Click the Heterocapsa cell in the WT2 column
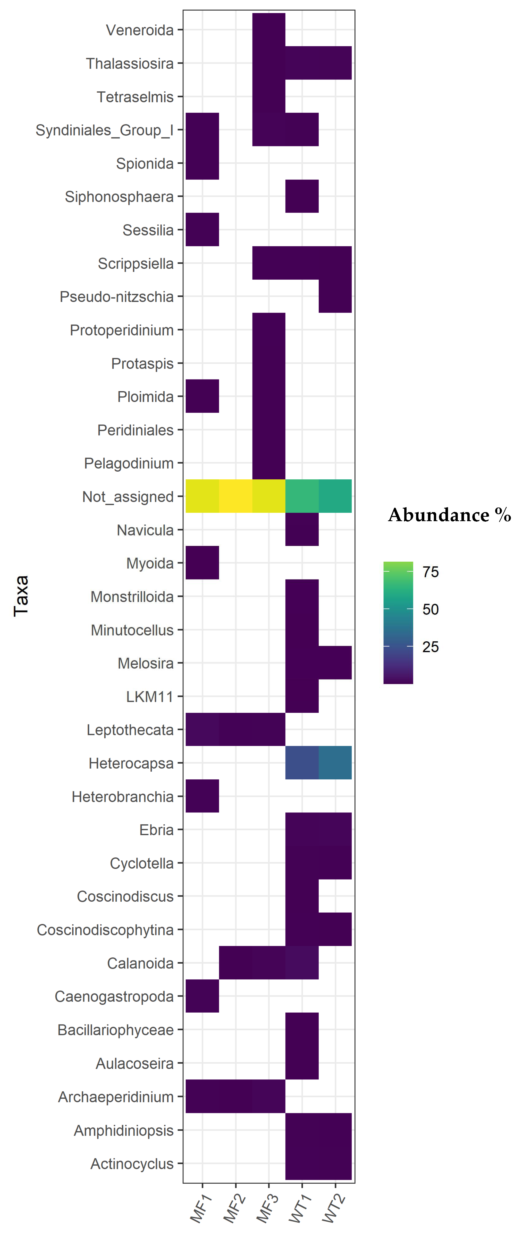tap(335, 763)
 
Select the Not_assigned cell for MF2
tap(235, 496)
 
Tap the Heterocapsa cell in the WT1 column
tap(302, 763)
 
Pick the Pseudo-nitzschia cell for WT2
tap(335, 296)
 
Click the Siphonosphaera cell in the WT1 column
tap(302, 196)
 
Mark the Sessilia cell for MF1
tap(203, 230)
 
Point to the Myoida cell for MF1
tap(203, 563)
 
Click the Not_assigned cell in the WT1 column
tap(302, 496)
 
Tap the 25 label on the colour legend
tap(430, 647)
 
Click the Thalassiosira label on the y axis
tap(130, 63)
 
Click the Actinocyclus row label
tap(132, 1164)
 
